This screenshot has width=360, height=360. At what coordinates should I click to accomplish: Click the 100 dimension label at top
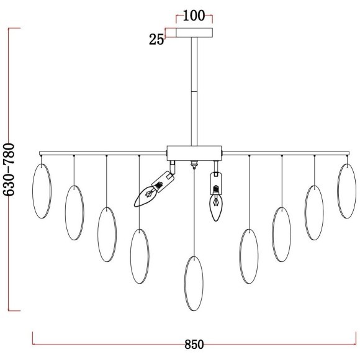tap(194, 16)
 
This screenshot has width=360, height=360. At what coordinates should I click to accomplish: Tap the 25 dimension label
tap(156, 39)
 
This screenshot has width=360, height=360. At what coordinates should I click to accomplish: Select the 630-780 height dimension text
tap(9, 169)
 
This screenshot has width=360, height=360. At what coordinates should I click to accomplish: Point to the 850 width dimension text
tap(194, 344)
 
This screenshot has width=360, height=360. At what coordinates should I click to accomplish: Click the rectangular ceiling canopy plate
tap(194, 33)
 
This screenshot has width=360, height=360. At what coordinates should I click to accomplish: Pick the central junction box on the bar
tap(194, 153)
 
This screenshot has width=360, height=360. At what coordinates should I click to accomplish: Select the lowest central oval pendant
tap(184, 284)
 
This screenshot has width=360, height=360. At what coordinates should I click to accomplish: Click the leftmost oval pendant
tap(33, 191)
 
